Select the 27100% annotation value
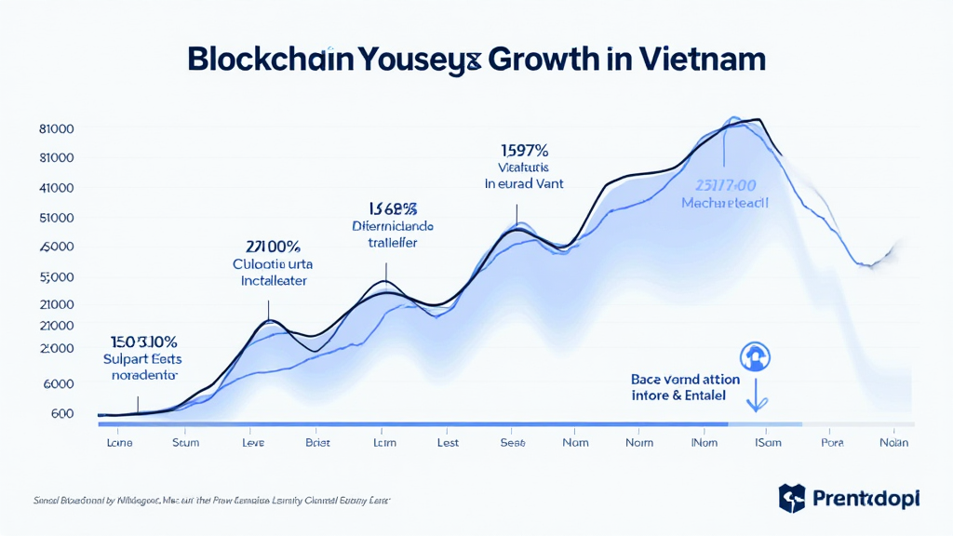(273, 247)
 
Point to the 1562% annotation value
(391, 208)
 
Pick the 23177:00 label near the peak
(725, 184)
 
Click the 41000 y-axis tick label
(57, 188)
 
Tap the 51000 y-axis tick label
(57, 218)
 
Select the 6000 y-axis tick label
(57, 383)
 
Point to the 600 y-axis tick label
(61, 413)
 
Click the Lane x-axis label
(120, 443)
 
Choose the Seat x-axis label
(513, 443)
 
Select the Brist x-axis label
(317, 443)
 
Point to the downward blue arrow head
(758, 405)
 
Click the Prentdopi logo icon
(791, 498)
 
